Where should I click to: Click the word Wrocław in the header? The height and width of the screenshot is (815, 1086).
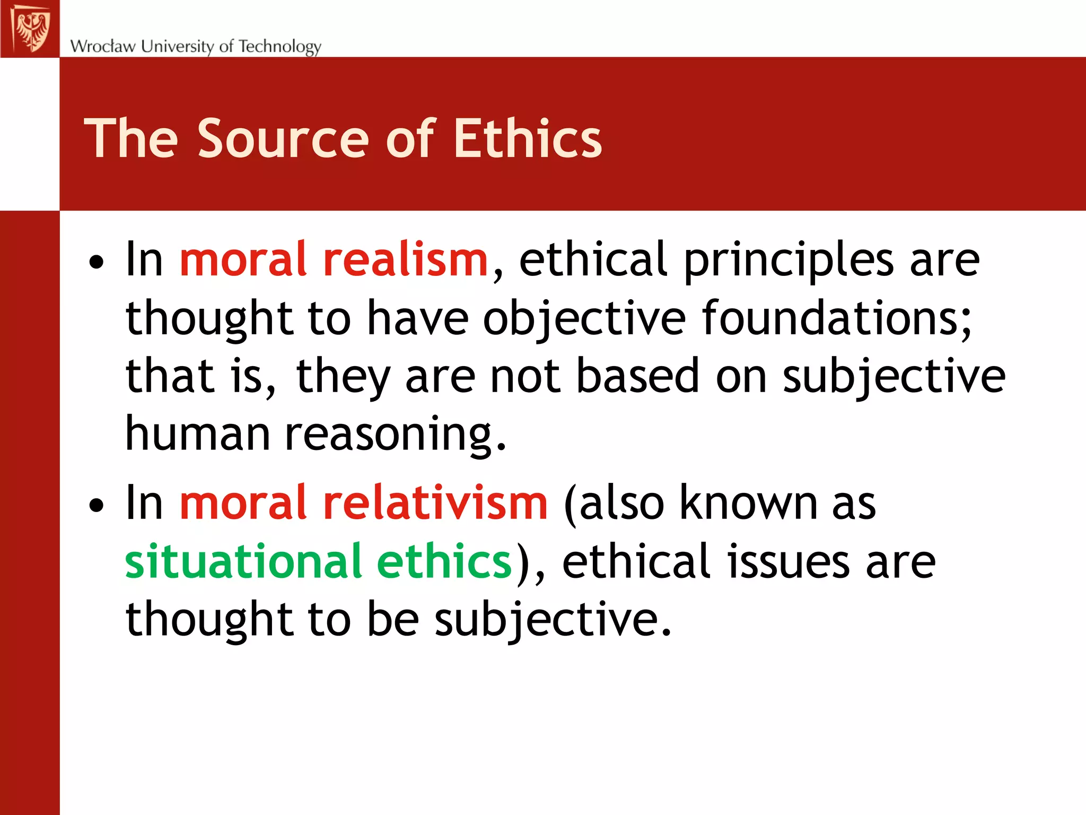pyautogui.click(x=103, y=46)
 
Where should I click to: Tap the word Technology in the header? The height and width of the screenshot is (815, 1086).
pyautogui.click(x=280, y=47)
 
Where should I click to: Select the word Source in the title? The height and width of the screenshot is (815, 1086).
pyautogui.click(x=283, y=138)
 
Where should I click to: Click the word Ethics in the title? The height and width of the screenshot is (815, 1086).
pyautogui.click(x=528, y=138)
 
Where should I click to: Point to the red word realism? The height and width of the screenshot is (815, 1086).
pyautogui.click(x=405, y=259)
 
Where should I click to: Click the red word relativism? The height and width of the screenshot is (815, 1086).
pyautogui.click(x=435, y=502)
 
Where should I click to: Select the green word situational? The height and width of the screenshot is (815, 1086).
pyautogui.click(x=243, y=561)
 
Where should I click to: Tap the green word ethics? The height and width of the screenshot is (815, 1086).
pyautogui.click(x=444, y=561)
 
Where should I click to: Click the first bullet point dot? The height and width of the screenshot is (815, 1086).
pyautogui.click(x=97, y=262)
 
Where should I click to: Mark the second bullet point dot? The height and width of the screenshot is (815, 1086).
pyautogui.click(x=97, y=505)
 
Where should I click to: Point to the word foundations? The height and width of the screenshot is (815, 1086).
pyautogui.click(x=837, y=318)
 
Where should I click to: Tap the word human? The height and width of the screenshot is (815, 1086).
pyautogui.click(x=198, y=434)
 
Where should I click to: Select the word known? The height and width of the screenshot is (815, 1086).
pyautogui.click(x=748, y=502)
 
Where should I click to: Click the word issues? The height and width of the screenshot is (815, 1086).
pyautogui.click(x=789, y=561)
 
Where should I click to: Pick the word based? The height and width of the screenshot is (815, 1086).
pyautogui.click(x=638, y=376)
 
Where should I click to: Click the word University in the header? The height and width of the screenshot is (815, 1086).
pyautogui.click(x=177, y=46)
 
